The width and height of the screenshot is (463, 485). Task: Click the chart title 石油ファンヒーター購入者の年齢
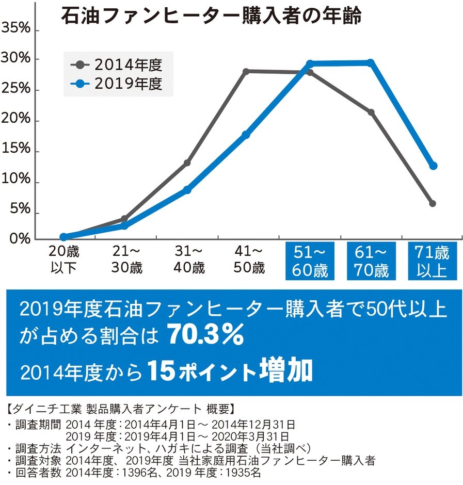pos(211,15)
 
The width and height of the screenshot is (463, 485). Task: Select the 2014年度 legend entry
pos(118,65)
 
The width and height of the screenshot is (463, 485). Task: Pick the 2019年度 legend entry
pos(118,83)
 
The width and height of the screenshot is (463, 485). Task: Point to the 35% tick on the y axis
pos(17,28)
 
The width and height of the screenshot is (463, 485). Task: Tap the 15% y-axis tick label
pos(17,151)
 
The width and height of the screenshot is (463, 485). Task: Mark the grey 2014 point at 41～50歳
pos(246,71)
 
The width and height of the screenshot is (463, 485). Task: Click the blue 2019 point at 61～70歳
pos(370,63)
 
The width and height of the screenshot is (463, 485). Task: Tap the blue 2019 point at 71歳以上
pos(433,166)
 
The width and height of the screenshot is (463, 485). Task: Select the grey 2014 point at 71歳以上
pos(433,203)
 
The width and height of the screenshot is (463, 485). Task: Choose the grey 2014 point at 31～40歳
pos(187,163)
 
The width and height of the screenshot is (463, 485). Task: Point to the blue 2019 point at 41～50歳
pos(246,135)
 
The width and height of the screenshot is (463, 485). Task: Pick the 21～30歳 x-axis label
pos(126,261)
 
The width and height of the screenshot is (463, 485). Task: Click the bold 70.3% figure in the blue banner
pos(205,336)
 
